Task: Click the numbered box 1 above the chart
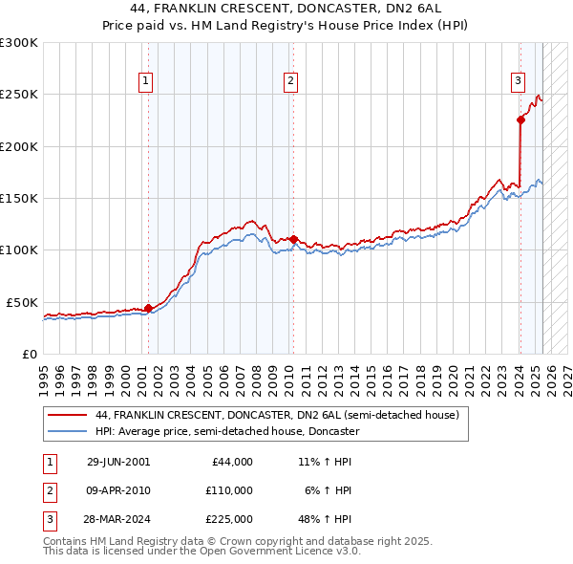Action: (146, 82)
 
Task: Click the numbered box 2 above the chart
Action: (289, 82)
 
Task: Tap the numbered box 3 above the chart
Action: (518, 82)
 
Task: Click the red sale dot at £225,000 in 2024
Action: (520, 119)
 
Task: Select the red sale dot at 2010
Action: (293, 239)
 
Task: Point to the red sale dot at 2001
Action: (148, 308)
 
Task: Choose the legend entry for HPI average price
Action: (226, 431)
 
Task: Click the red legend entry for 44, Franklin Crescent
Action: (277, 415)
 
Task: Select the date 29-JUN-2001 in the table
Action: (118, 462)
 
